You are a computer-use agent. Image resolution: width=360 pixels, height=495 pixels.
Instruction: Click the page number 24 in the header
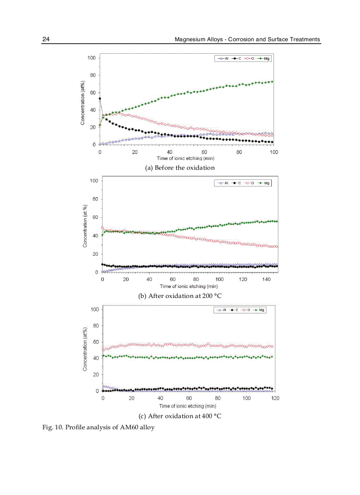click(x=46, y=39)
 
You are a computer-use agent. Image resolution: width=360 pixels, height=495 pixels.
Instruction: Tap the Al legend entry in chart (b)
click(x=223, y=182)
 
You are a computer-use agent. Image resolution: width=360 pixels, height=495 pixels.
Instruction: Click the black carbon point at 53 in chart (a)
click(x=100, y=99)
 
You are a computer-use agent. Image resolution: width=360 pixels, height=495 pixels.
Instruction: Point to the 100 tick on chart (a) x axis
click(x=274, y=152)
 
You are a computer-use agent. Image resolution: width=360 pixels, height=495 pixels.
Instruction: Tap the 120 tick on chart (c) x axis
click(x=274, y=398)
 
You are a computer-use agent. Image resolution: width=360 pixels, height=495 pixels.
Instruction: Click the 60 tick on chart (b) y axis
click(x=94, y=217)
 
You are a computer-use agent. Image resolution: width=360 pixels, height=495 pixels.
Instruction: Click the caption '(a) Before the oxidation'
click(x=180, y=167)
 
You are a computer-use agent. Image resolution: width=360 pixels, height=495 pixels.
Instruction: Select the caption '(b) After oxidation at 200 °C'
click(x=180, y=296)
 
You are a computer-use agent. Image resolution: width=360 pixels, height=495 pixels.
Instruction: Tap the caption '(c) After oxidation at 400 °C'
click(x=180, y=416)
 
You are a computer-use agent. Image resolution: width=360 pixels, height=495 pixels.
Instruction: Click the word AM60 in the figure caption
click(x=128, y=427)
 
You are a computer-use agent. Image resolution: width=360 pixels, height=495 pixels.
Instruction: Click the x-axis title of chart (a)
click(x=185, y=158)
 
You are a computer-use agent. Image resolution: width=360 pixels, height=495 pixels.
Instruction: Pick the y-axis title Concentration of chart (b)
click(x=85, y=224)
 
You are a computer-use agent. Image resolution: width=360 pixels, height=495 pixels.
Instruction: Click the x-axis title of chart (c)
click(x=187, y=406)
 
